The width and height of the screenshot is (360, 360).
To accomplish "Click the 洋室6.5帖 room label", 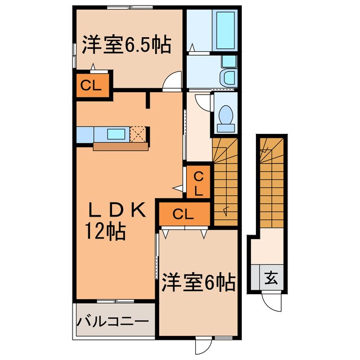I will pyautogui.click(x=126, y=44).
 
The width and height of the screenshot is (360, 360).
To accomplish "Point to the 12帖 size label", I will pyautogui.click(x=105, y=231).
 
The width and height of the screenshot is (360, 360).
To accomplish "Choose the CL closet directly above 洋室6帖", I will pyautogui.click(x=183, y=213).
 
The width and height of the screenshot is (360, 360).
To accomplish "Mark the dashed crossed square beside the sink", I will pyautogui.click(x=138, y=134).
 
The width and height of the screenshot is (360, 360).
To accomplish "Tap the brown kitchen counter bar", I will pyautogui.click(x=120, y=146).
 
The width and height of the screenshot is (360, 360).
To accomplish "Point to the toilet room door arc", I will pyautogui.click(x=202, y=103).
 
